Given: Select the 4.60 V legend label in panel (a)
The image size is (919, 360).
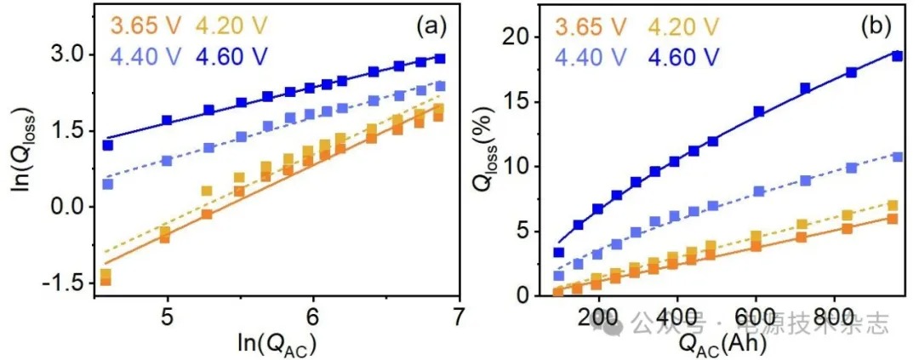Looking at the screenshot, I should (231, 59).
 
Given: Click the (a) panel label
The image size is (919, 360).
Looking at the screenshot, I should (431, 26).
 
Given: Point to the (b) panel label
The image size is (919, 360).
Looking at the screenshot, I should (874, 26).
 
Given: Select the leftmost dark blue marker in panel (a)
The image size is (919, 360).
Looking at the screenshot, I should (108, 146).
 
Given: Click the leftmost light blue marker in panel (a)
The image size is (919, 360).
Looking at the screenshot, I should (108, 184).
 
